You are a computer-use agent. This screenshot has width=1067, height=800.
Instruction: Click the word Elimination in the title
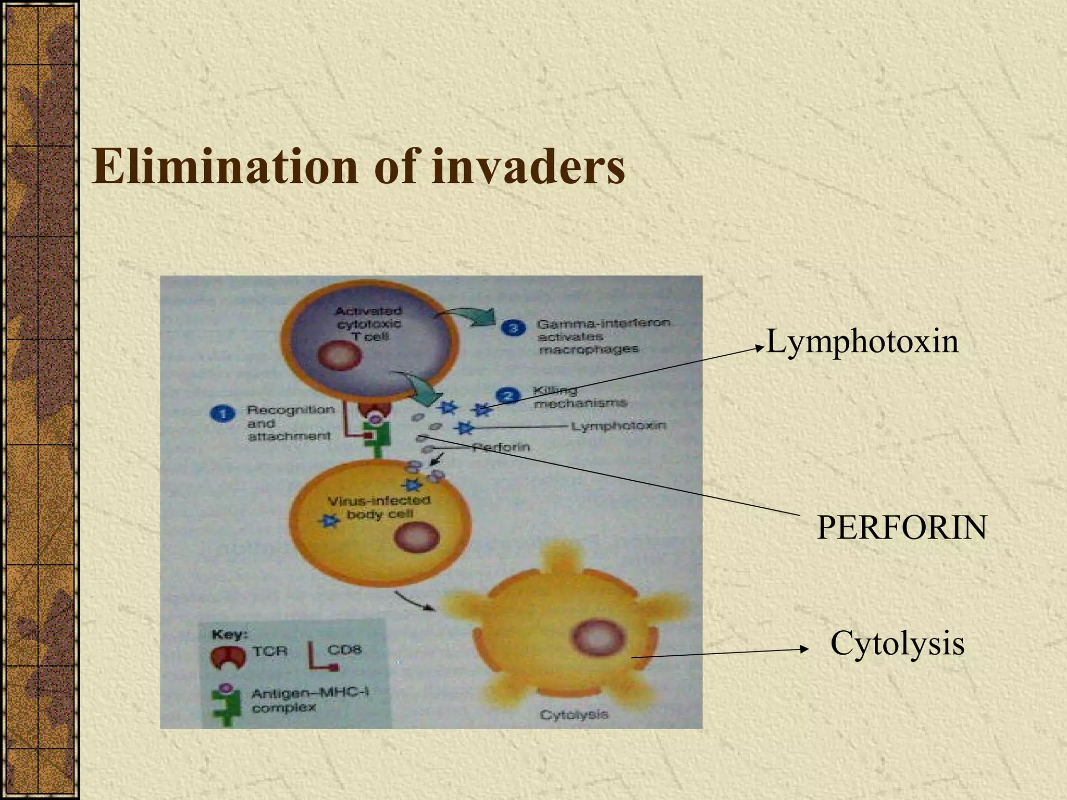(224, 167)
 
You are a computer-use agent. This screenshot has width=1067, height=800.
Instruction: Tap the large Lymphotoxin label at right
(862, 342)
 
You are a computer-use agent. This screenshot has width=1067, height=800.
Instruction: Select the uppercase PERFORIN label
(901, 527)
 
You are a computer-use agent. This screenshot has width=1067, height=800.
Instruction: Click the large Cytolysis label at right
(897, 643)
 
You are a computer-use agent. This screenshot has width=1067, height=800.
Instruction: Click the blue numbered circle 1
(223, 415)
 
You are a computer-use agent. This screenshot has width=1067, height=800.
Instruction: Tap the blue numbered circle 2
(509, 396)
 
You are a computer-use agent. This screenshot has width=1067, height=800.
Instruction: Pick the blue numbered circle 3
(514, 329)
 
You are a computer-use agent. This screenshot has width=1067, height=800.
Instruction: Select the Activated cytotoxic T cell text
(368, 323)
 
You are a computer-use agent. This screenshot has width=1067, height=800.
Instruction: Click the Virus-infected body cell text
(379, 507)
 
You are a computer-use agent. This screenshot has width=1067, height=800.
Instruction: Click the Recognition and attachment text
(290, 423)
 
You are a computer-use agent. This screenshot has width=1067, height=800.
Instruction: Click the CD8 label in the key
(344, 649)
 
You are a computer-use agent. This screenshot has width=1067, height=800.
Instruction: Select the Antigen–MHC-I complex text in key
(309, 700)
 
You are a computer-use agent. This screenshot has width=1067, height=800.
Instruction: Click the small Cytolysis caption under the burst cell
(574, 715)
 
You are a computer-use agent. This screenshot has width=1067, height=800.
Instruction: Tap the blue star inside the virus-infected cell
(329, 520)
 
